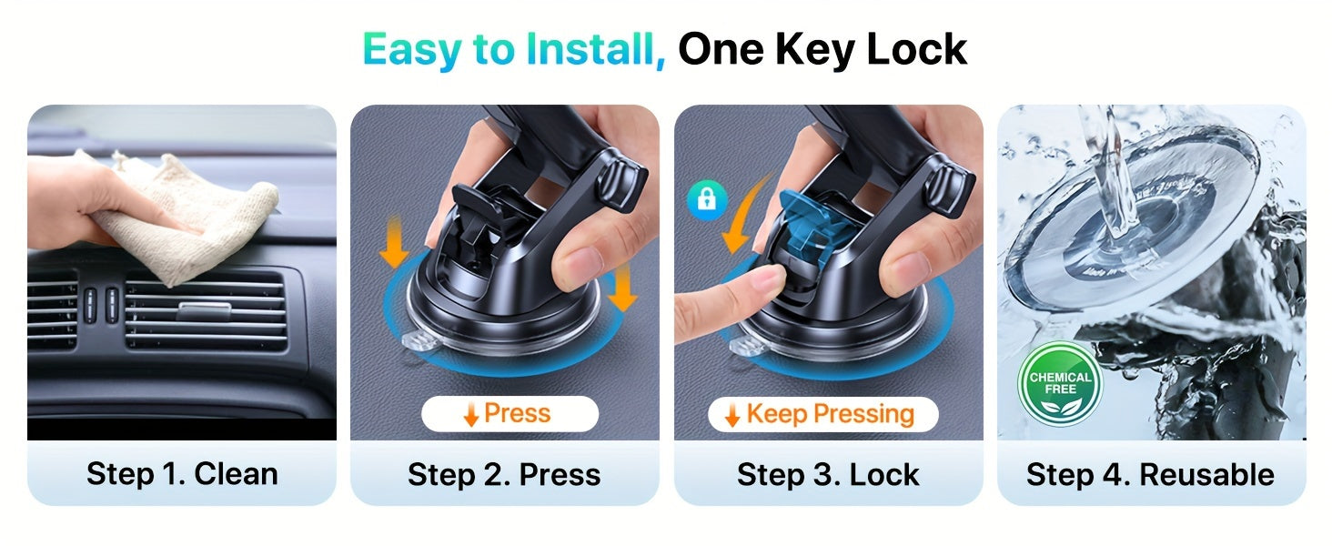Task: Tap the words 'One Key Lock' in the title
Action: click(x=822, y=50)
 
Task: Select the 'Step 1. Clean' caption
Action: click(x=182, y=474)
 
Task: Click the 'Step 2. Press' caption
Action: click(x=504, y=474)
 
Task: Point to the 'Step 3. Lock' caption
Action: click(x=828, y=474)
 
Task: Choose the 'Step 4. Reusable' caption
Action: click(x=1150, y=474)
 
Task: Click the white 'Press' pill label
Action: click(x=510, y=414)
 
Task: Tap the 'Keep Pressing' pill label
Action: click(x=822, y=414)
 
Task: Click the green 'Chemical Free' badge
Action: click(x=1060, y=383)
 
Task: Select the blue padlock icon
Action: click(x=707, y=197)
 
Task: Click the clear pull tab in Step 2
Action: click(x=418, y=345)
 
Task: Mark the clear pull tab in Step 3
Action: click(x=743, y=347)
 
